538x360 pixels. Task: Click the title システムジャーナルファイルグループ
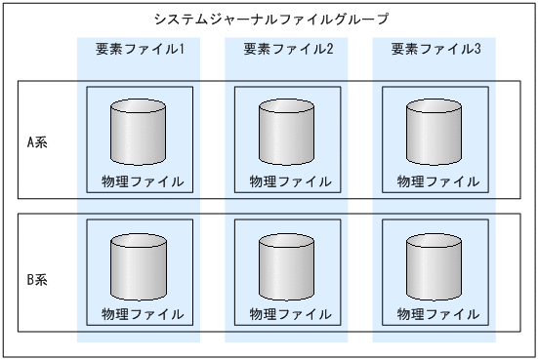269,19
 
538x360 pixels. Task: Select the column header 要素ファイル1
141,49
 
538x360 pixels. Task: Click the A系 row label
36,141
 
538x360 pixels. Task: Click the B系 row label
36,279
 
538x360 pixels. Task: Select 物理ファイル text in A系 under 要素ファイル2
291,181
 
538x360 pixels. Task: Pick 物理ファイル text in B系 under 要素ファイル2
291,315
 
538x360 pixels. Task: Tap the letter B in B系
30,279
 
